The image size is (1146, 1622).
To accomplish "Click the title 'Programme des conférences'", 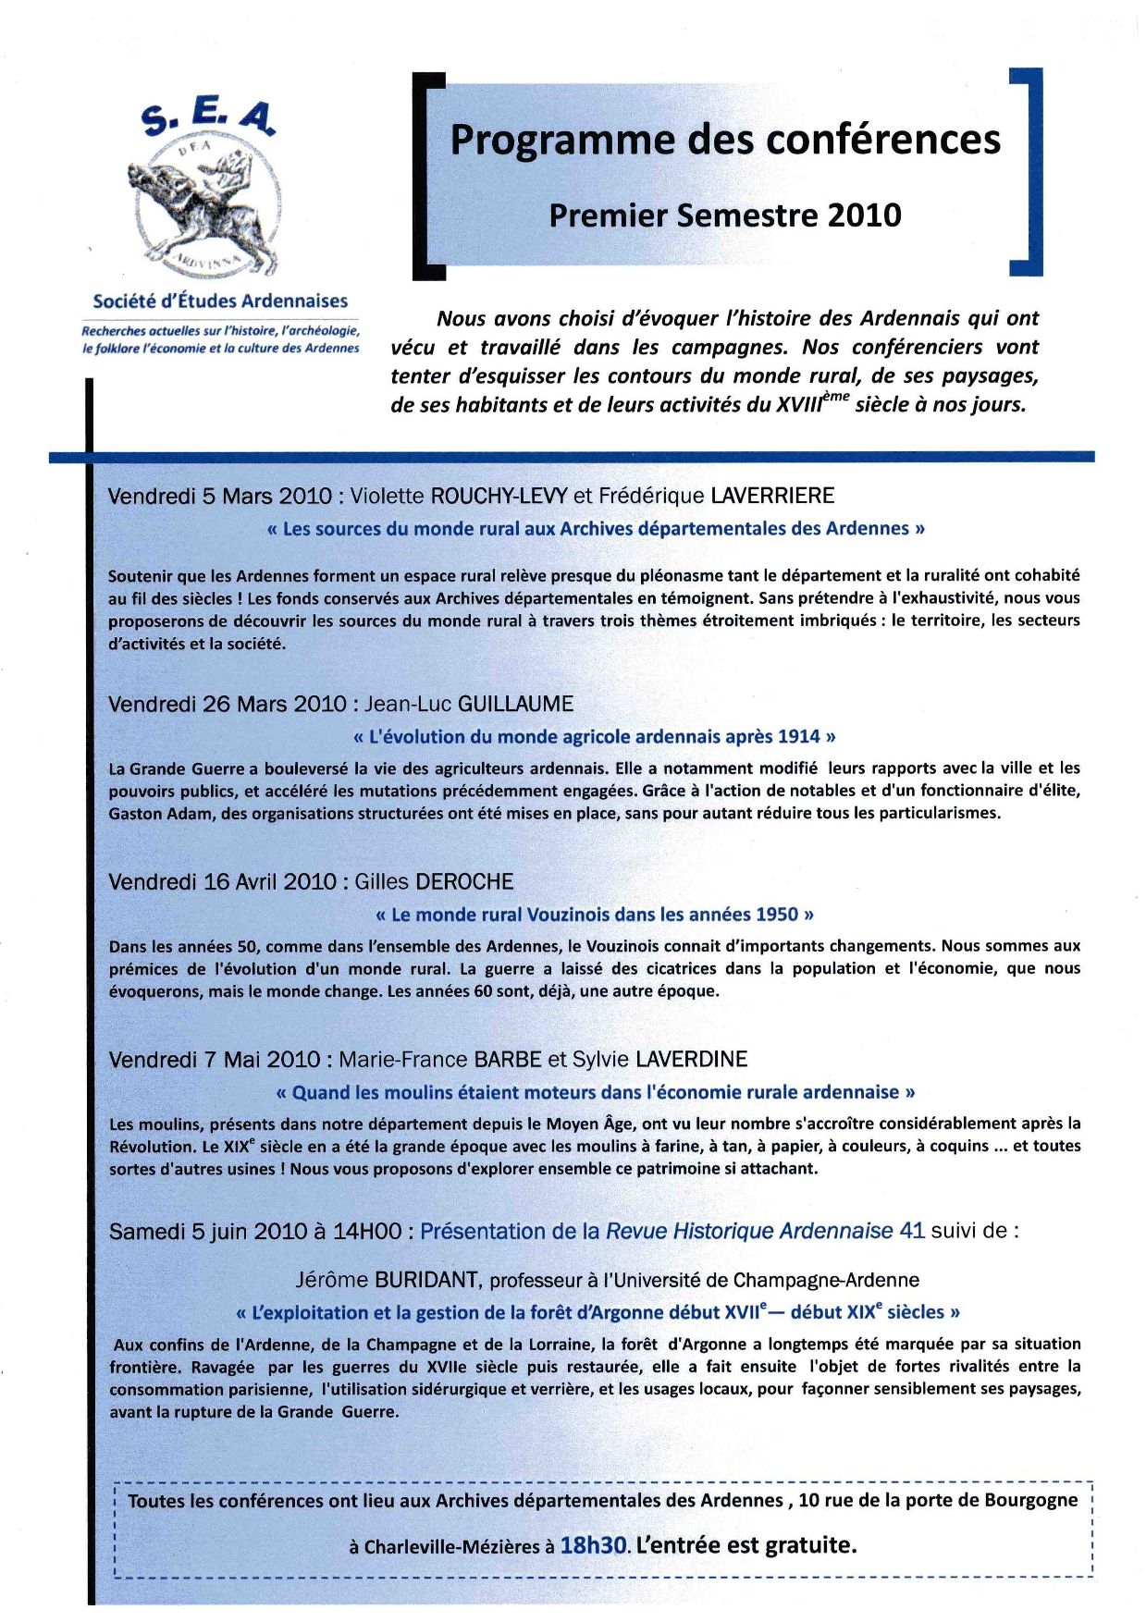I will pyautogui.click(x=724, y=140).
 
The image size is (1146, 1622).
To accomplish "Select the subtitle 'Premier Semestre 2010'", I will pyautogui.click(x=724, y=215).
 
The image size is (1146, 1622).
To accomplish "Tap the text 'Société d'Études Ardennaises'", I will pyautogui.click(x=220, y=301).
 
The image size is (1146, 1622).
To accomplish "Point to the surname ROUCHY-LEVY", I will pyautogui.click(x=499, y=496).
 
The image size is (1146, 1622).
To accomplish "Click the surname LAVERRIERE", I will pyautogui.click(x=771, y=496).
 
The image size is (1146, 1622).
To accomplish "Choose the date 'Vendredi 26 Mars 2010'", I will pyautogui.click(x=228, y=704).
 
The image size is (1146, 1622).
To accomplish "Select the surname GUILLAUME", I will pyautogui.click(x=515, y=704).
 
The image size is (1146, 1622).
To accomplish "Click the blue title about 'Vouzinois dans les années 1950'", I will pyautogui.click(x=596, y=915).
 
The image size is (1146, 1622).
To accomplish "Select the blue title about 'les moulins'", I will pyautogui.click(x=596, y=1092).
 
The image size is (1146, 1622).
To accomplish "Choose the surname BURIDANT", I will pyautogui.click(x=425, y=1281).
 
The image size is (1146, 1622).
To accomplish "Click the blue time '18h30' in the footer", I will pyautogui.click(x=594, y=1545).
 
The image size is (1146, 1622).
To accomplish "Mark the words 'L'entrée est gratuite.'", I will pyautogui.click(x=746, y=1545).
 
